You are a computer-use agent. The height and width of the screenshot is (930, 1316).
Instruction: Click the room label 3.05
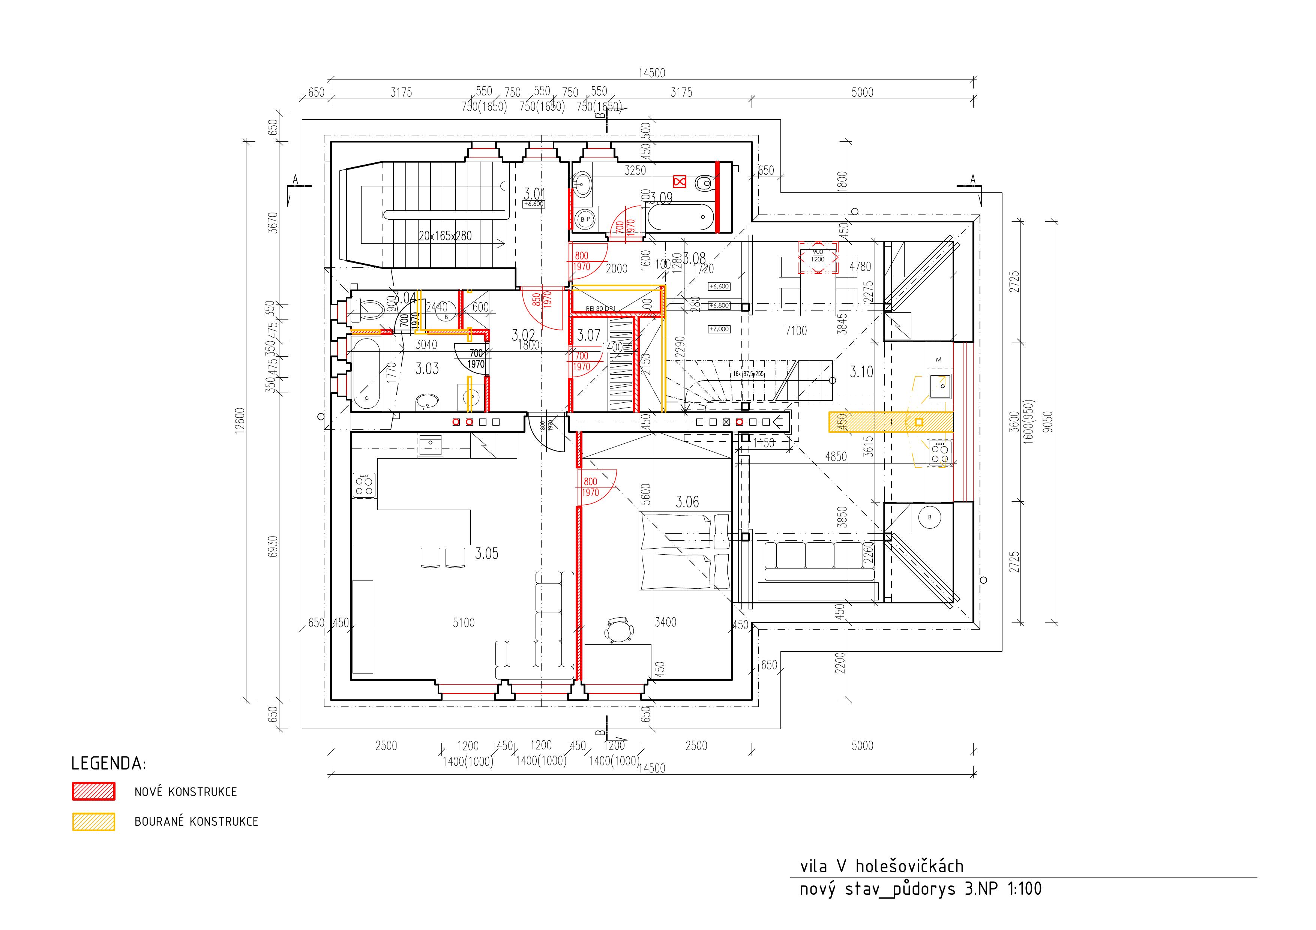487,553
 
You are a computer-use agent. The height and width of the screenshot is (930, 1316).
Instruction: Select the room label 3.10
861,372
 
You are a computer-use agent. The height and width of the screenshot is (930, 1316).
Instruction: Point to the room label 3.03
427,369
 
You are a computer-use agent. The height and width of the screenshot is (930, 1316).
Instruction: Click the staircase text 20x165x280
445,235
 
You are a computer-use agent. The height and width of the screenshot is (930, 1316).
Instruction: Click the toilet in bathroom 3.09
703,183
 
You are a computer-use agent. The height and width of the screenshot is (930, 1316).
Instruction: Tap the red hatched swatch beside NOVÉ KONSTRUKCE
93,791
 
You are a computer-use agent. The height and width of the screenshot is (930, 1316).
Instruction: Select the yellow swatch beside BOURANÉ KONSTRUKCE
93,822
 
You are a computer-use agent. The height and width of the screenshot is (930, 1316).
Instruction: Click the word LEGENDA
108,764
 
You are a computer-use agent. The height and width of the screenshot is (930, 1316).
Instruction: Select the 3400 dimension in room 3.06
665,622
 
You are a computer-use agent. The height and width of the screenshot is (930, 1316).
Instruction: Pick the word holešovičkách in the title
909,866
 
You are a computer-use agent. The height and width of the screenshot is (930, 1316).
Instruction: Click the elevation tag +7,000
719,329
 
